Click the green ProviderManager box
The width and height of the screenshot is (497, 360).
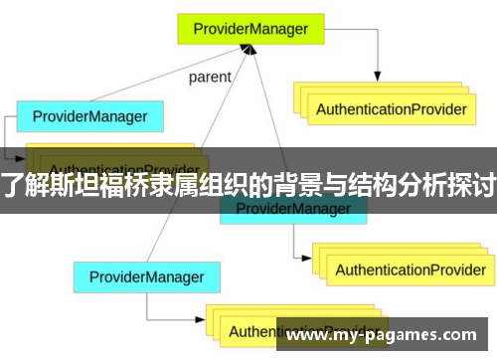(x=251, y=29)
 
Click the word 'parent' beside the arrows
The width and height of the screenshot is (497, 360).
(x=209, y=77)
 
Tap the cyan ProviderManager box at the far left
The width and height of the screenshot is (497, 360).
(x=89, y=116)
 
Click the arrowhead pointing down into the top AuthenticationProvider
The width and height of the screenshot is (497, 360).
(x=378, y=77)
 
